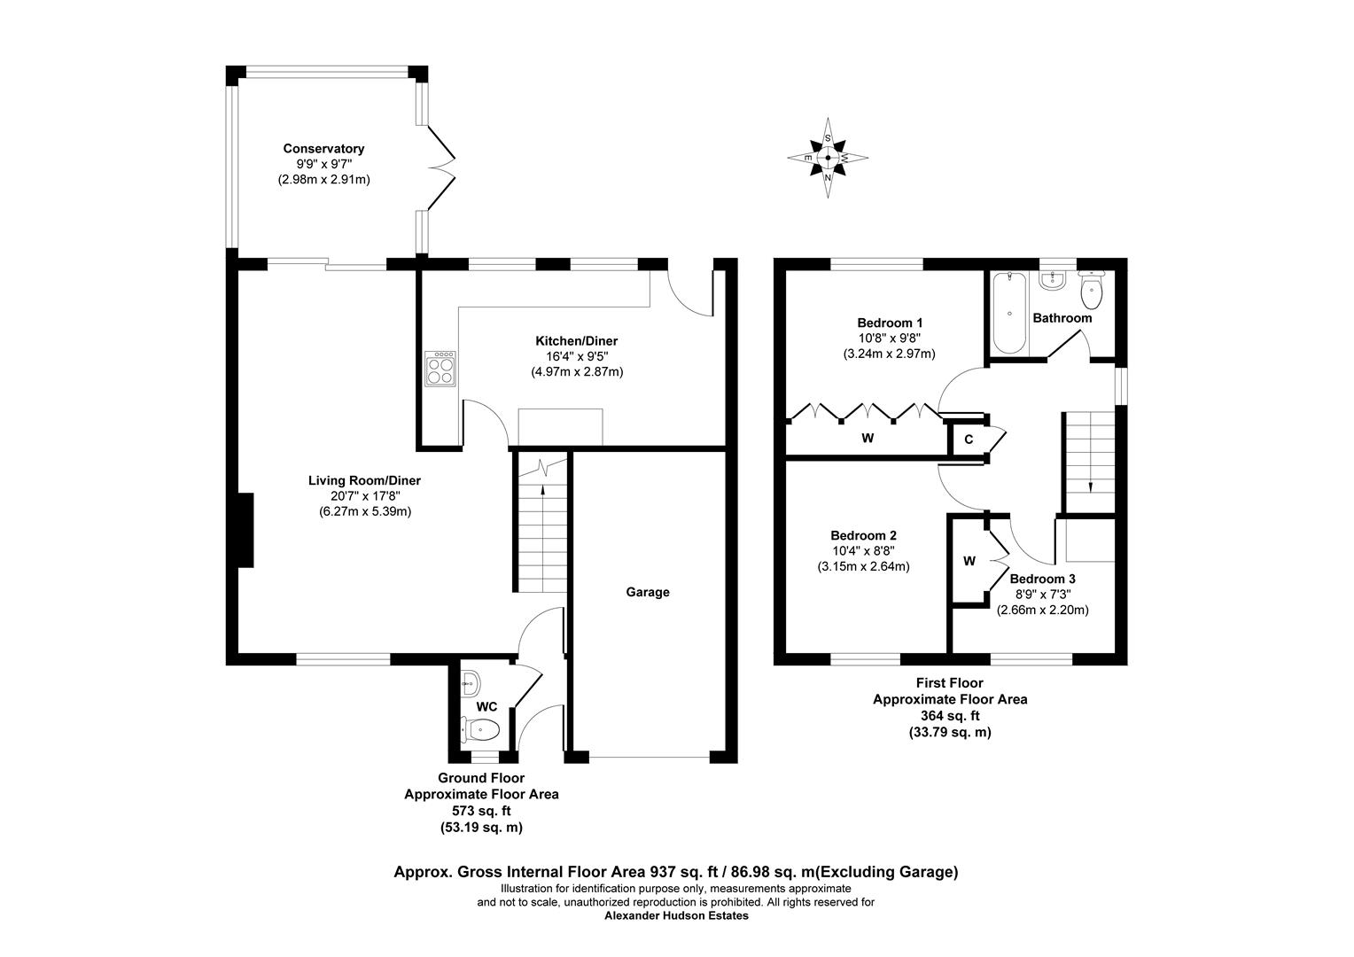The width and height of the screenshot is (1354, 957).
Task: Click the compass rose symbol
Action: click(828, 159)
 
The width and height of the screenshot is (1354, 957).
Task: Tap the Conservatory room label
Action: click(323, 149)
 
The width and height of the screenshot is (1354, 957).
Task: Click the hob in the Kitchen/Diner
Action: click(441, 368)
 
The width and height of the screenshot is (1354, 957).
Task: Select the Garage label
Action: click(648, 592)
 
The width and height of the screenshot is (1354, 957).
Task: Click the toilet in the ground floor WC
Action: click(481, 729)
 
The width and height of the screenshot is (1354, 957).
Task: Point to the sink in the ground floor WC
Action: click(471, 682)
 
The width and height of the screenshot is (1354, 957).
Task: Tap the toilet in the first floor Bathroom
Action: click(1091, 288)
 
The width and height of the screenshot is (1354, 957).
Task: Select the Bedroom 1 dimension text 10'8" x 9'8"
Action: click(889, 338)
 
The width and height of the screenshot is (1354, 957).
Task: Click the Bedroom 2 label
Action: click(863, 535)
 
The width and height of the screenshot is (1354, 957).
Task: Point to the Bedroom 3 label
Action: click(1042, 579)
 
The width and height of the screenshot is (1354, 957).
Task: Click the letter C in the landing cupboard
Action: click(969, 440)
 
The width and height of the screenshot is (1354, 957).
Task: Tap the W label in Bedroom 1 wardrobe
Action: click(868, 438)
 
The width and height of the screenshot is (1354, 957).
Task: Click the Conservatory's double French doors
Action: click(441, 167)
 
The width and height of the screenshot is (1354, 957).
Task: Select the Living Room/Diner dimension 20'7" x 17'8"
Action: click(364, 496)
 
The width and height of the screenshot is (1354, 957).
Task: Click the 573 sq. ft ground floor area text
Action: click(481, 811)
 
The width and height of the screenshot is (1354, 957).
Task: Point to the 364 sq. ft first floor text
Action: click(950, 716)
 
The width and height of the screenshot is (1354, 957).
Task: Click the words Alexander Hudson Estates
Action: click(676, 916)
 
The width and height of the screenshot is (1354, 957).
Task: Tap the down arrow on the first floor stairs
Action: click(1089, 486)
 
